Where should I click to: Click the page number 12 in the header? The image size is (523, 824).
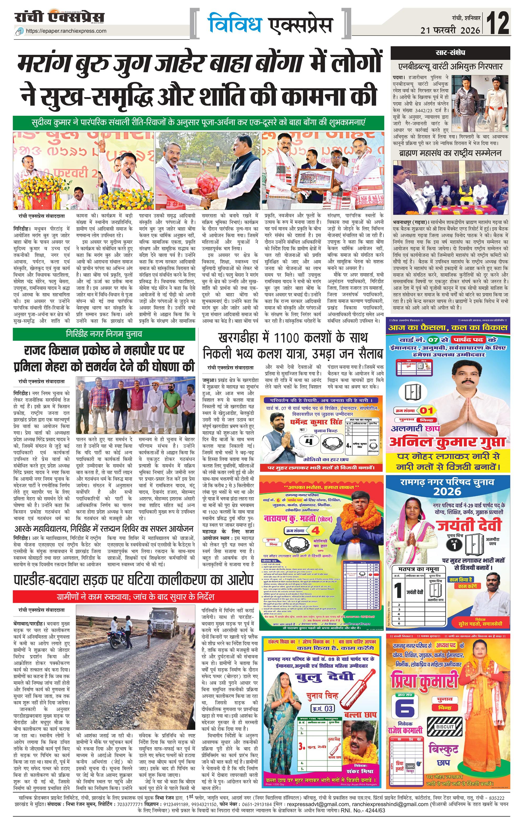(x=499, y=23)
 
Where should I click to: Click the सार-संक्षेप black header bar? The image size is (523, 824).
(x=450, y=53)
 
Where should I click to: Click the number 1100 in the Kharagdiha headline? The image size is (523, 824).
(x=287, y=338)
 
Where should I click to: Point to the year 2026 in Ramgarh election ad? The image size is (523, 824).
(x=447, y=492)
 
